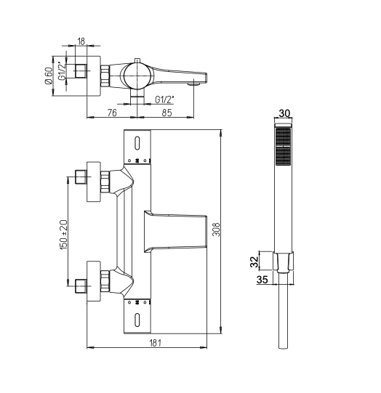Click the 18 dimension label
tap(81, 41)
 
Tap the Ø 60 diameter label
tap(49, 76)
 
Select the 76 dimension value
tap(112, 113)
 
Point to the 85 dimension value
tap(167, 113)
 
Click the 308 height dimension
tap(216, 230)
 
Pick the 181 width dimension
tap(156, 343)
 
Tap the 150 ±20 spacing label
tap(63, 235)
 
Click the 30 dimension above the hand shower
tap(284, 113)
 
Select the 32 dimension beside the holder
tap(254, 262)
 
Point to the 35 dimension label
tap(262, 280)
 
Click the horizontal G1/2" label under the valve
tap(164, 100)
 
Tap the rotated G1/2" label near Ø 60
tap(62, 71)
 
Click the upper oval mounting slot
tap(137, 143)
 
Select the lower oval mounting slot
tap(137, 320)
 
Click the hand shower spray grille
tap(284, 147)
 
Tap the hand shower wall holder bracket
tap(284, 262)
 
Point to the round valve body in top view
tap(137, 76)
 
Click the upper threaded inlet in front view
tap(81, 177)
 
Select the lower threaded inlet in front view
tap(81, 286)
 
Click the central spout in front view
tap(175, 232)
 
